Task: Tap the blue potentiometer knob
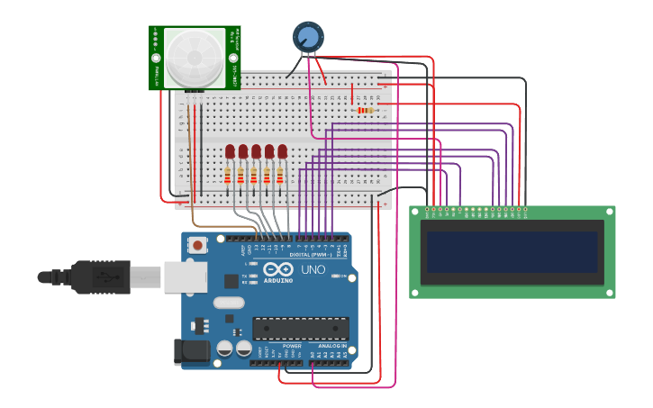coord(308,36)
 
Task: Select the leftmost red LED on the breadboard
coord(230,150)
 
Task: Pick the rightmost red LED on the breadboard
coord(282,150)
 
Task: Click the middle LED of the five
coord(256,150)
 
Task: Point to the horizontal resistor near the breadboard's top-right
coord(366,110)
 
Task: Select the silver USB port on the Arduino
coord(186,277)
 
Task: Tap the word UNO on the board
coord(313,269)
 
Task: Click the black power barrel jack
coord(191,351)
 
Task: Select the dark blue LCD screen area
coord(512,252)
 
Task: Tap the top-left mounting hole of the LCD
coord(416,212)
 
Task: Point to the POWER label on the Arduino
coord(292,346)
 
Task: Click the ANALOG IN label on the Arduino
coord(331,346)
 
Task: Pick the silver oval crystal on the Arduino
coord(229,304)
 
